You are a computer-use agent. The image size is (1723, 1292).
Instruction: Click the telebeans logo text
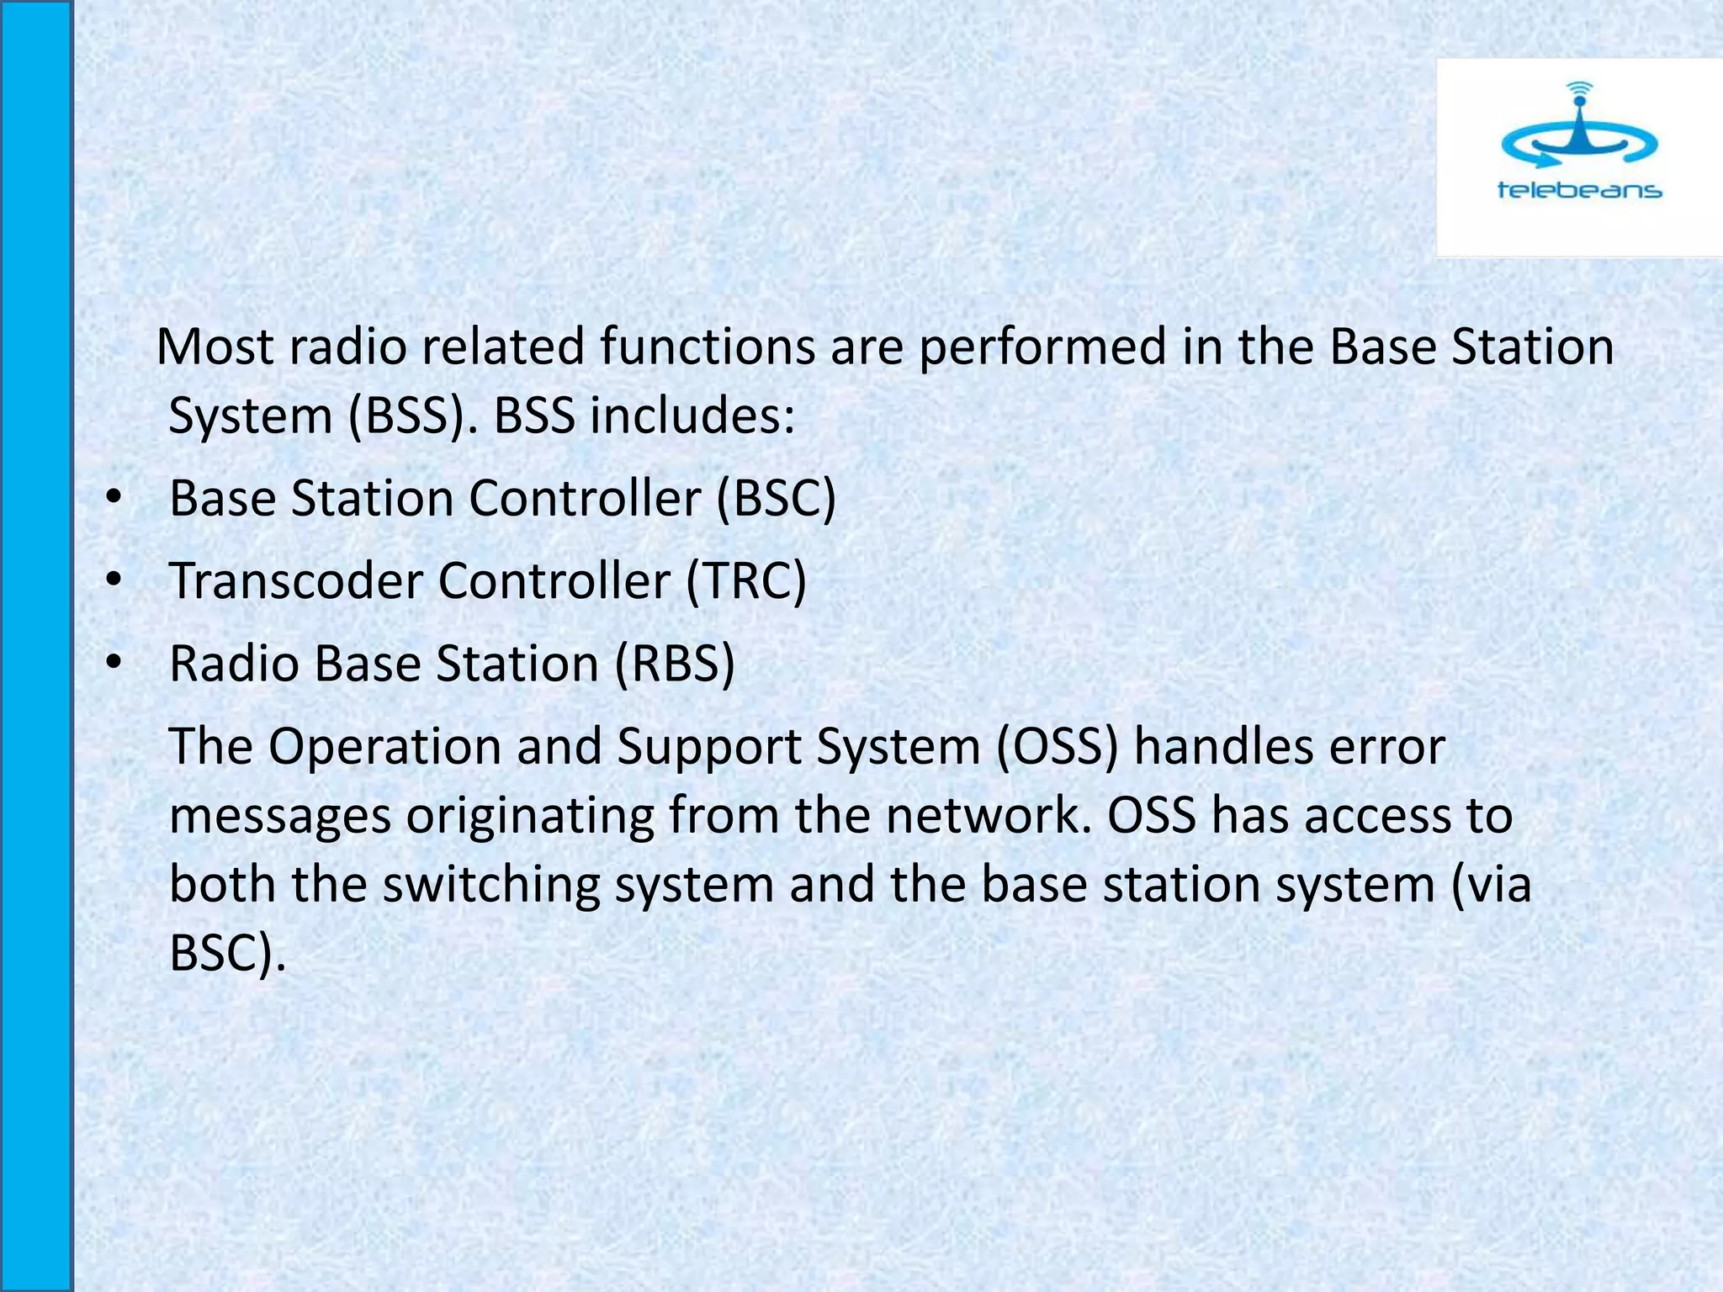click(1579, 190)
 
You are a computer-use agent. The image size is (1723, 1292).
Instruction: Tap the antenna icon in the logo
click(1579, 126)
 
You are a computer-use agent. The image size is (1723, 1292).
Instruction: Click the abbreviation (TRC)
click(746, 581)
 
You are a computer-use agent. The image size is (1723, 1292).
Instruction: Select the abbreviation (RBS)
click(675, 664)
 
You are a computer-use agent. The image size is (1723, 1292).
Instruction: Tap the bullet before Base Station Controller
click(114, 499)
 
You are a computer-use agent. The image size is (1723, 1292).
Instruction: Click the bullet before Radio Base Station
click(114, 664)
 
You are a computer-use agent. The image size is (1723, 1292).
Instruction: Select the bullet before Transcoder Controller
click(114, 581)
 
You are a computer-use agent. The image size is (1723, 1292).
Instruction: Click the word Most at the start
click(215, 347)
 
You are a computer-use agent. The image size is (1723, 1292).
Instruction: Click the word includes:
click(692, 416)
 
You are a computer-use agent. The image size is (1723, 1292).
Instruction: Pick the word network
click(989, 815)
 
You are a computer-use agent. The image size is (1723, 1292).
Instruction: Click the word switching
click(491, 886)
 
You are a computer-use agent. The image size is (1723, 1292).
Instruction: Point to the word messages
click(280, 817)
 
